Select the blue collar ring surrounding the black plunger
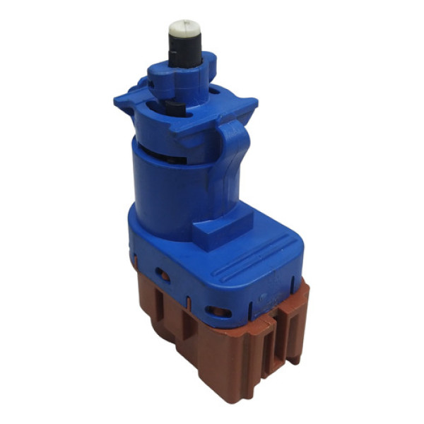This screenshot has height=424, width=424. (180, 78)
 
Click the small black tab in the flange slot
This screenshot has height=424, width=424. (175, 107)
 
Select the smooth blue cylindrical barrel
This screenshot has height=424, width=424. (170, 184)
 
